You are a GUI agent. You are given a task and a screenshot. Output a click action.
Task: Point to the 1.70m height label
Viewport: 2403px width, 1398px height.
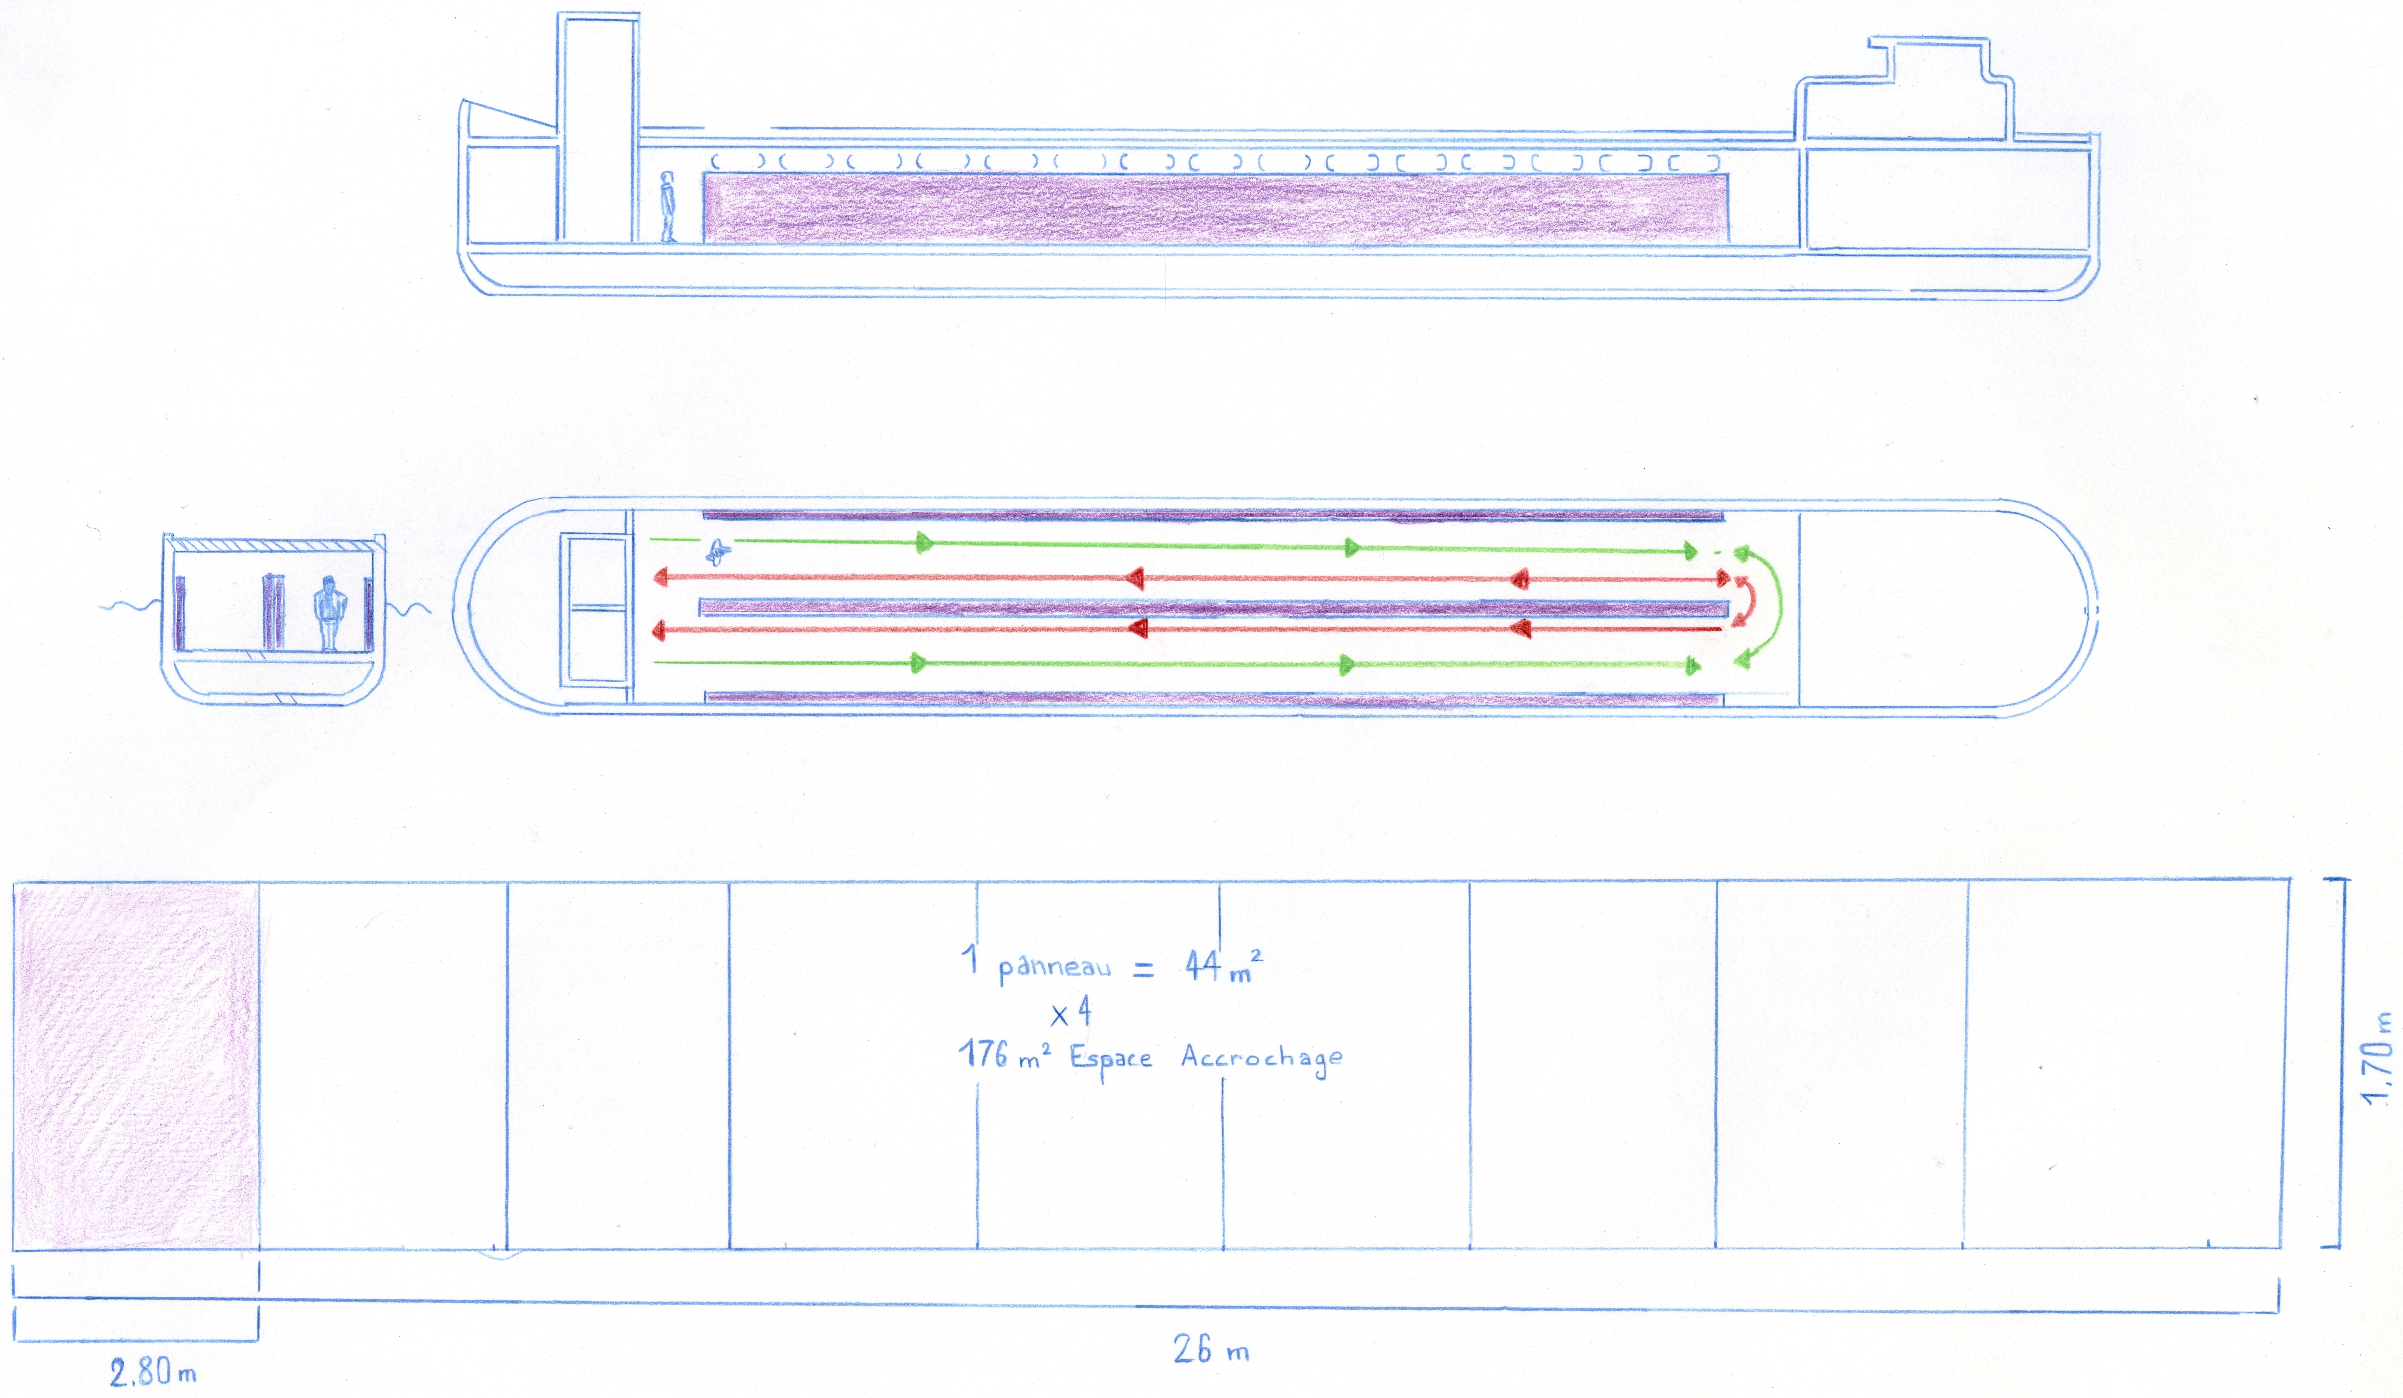pos(2377,1057)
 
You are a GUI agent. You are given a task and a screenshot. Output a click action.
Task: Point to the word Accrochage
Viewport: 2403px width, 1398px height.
pos(1262,1059)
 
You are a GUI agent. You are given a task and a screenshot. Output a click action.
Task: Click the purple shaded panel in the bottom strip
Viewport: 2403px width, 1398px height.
pos(135,1065)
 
